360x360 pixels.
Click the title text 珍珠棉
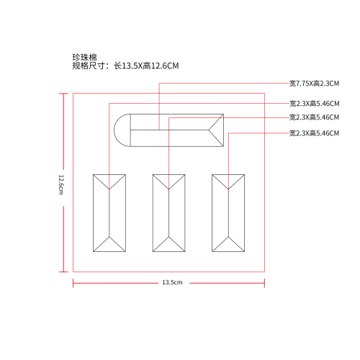85,58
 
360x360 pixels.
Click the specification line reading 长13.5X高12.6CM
146,66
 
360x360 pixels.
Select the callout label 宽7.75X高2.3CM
314,84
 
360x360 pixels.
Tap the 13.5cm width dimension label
172,282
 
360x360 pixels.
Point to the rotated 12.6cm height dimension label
61,184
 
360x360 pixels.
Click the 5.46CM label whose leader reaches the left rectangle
314,104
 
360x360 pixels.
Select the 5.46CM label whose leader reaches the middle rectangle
314,117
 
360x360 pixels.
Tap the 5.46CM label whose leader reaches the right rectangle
314,133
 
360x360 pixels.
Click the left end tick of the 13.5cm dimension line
73,283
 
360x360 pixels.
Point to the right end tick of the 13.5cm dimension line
264,283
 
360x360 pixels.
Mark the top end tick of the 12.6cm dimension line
63,94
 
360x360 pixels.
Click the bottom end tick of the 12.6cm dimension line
63,271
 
